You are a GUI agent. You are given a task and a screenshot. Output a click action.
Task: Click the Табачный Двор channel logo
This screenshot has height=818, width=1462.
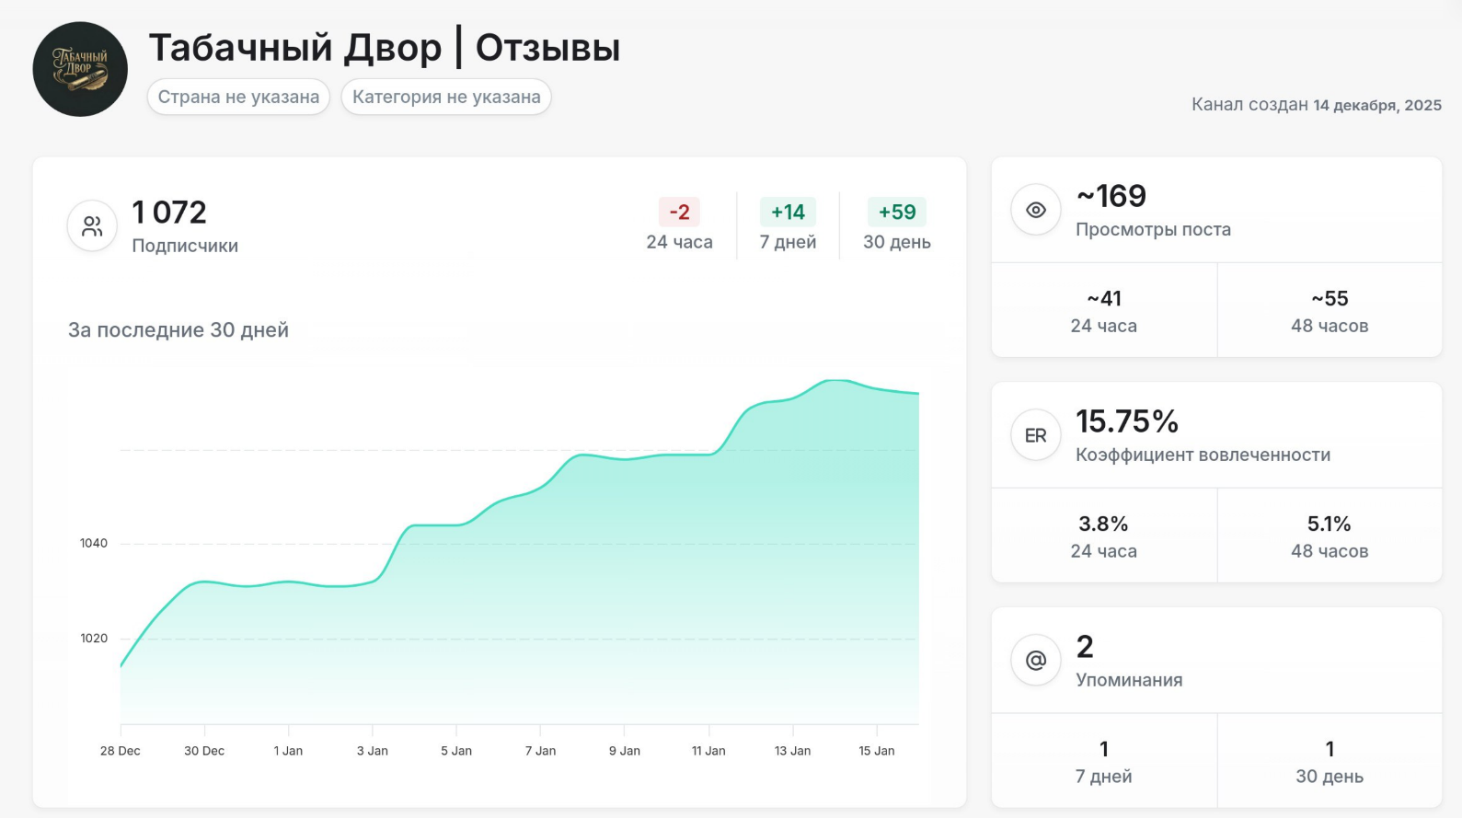point(80,69)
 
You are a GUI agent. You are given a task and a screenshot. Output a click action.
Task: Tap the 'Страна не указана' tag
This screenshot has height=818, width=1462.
point(238,97)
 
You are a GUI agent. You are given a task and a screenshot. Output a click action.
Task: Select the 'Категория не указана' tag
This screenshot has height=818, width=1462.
point(446,97)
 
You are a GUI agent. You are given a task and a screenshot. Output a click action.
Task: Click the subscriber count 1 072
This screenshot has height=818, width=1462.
point(169,213)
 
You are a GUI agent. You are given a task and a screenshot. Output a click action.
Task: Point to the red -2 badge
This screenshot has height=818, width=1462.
point(679,212)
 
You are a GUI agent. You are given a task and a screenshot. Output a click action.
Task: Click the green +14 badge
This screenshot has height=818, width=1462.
point(788,212)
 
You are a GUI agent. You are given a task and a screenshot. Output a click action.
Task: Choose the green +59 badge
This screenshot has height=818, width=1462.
point(896,212)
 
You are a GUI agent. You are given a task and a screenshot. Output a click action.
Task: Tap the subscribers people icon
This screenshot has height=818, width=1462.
point(92,226)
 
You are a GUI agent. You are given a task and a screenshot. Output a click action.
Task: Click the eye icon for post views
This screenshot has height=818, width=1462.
point(1035,210)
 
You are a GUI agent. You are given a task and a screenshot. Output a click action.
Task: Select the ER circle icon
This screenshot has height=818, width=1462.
point(1035,435)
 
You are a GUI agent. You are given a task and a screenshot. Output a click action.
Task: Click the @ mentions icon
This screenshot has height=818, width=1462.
point(1035,660)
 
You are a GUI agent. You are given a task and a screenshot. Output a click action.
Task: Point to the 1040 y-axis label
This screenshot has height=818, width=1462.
point(94,543)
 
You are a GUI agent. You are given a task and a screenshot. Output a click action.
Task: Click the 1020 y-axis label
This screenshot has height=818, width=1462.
point(94,638)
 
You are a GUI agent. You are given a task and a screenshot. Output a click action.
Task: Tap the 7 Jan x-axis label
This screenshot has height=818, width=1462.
point(540,751)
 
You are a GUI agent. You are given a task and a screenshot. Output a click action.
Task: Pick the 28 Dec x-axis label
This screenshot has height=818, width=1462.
point(121,751)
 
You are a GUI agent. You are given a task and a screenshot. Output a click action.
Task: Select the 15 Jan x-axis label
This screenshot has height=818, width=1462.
point(876,751)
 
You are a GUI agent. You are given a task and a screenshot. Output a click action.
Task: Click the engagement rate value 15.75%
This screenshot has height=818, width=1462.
point(1127,421)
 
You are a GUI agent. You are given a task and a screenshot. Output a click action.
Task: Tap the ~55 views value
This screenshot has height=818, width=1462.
point(1330,298)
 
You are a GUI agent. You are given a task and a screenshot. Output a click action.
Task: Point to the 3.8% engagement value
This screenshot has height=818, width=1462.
point(1103,524)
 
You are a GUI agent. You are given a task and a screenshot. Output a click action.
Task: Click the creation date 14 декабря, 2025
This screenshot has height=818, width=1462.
point(1377,105)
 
